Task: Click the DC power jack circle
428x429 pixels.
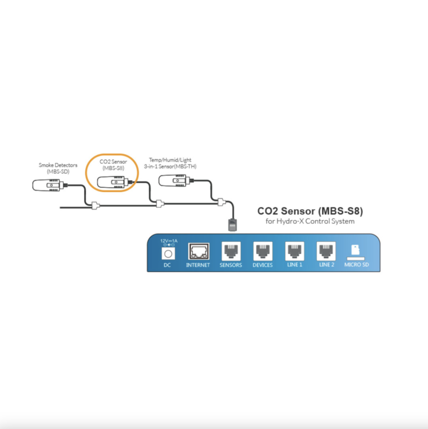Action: coord(168,254)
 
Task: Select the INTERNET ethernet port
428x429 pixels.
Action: coord(199,251)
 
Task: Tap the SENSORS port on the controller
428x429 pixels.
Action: coord(231,251)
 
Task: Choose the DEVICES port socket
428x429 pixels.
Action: coord(263,251)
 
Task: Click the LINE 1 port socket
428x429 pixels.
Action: coord(295,251)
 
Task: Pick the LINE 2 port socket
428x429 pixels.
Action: coord(326,251)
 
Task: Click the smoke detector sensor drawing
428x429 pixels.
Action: coord(49,185)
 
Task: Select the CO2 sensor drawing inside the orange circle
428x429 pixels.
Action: coord(113,182)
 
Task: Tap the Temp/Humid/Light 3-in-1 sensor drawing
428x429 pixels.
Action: coord(175,181)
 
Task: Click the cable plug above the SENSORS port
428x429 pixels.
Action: coord(232,225)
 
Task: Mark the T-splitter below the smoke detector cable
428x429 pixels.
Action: coord(95,205)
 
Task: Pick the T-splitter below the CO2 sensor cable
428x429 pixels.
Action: coord(160,204)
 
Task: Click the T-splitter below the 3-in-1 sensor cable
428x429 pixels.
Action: coord(221,202)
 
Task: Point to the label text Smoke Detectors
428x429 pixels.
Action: coord(58,165)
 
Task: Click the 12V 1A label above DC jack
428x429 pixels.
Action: coord(169,241)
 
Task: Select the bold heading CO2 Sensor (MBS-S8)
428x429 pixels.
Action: coord(310,211)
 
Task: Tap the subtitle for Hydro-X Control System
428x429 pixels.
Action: coord(310,221)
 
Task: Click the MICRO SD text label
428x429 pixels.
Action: coord(356,265)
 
